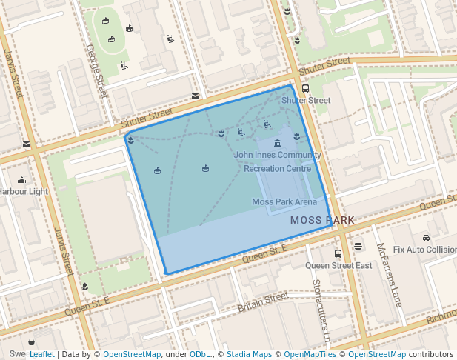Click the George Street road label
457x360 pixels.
[97, 70]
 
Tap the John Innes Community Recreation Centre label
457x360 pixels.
[277, 161]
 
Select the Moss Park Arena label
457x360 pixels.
[284, 201]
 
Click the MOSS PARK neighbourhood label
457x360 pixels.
[322, 220]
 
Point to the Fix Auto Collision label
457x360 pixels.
[424, 250]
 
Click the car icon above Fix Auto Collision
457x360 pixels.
[427, 238]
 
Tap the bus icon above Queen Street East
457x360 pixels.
[338, 253]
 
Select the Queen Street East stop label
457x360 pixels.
[338, 265]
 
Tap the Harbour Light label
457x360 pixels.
[24, 191]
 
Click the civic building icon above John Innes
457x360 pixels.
[277, 143]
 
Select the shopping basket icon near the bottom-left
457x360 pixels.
[32, 341]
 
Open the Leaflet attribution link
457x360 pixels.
[41, 354]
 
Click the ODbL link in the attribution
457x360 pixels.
[200, 354]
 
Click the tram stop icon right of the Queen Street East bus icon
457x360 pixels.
[358, 246]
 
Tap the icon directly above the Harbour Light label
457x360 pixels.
[21, 179]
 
